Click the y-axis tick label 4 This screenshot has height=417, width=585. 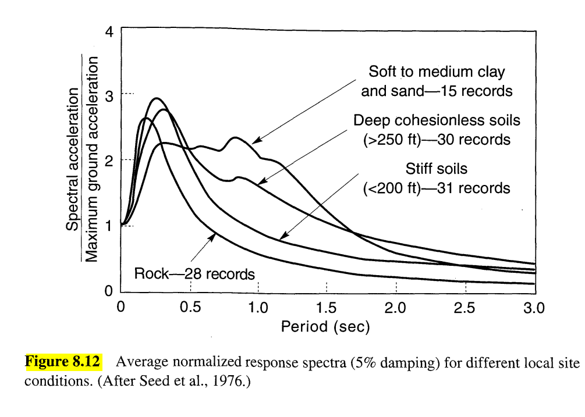coord(109,32)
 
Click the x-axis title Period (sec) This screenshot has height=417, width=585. coord(325,327)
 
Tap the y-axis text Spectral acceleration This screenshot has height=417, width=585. coord(72,159)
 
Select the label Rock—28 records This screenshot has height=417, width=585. coord(194,273)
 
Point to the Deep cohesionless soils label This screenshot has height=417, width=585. coord(437,120)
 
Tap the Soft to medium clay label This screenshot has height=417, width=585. coord(437,72)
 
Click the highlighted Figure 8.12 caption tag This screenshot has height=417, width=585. coord(62,362)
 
